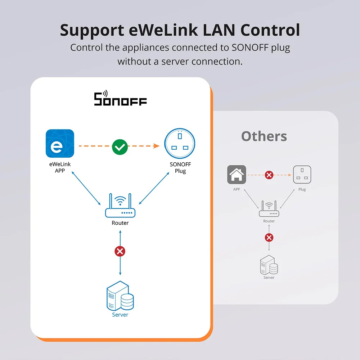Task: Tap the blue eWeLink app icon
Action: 60,144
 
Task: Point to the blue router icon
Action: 120,207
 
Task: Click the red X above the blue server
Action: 120,251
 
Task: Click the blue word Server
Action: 120,315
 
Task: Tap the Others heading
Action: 264,136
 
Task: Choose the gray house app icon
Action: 237,175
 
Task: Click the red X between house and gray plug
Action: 269,175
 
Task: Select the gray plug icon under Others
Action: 302,175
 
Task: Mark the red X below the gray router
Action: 269,238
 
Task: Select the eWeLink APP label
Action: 60,167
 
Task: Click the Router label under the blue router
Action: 120,223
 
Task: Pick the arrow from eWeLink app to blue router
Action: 86,188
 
